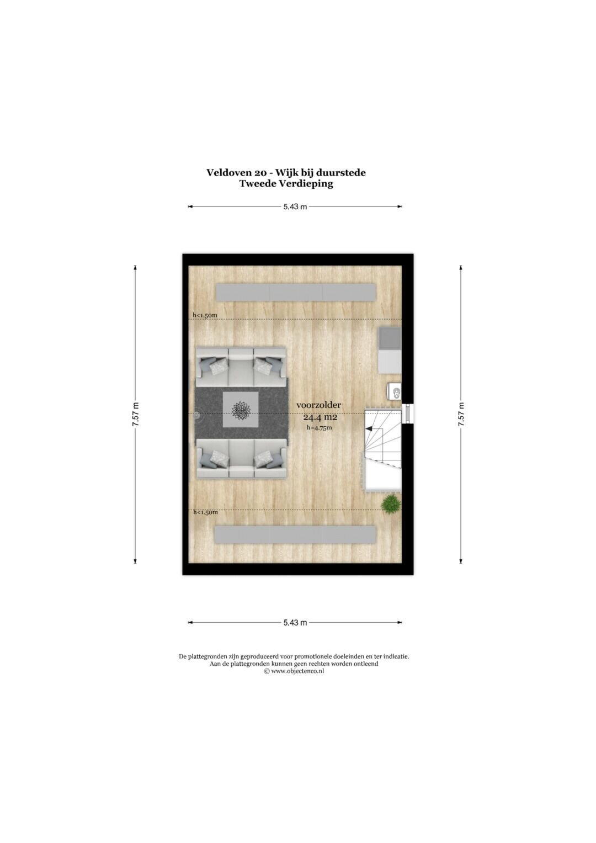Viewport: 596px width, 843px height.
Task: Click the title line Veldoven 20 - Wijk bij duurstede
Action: coord(286,173)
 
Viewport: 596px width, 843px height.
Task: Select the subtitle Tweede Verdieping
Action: coord(286,184)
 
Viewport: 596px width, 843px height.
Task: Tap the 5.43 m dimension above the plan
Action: coord(295,206)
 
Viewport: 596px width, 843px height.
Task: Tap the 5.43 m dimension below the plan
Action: coord(295,623)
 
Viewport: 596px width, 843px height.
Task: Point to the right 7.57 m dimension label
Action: coord(461,415)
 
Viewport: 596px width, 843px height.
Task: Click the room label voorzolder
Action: coord(319,405)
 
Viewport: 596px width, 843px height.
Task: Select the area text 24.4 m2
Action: coord(320,417)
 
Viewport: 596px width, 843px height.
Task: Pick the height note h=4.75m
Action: coord(319,427)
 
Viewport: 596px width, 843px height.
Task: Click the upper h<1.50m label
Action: coord(205,315)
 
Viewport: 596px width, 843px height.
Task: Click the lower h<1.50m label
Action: coord(205,512)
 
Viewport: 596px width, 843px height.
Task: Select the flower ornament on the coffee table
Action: coord(241,410)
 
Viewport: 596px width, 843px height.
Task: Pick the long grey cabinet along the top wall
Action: coord(296,293)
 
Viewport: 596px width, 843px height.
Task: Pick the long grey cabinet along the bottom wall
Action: coord(295,534)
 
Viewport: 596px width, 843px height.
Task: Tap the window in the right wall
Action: coord(407,413)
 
